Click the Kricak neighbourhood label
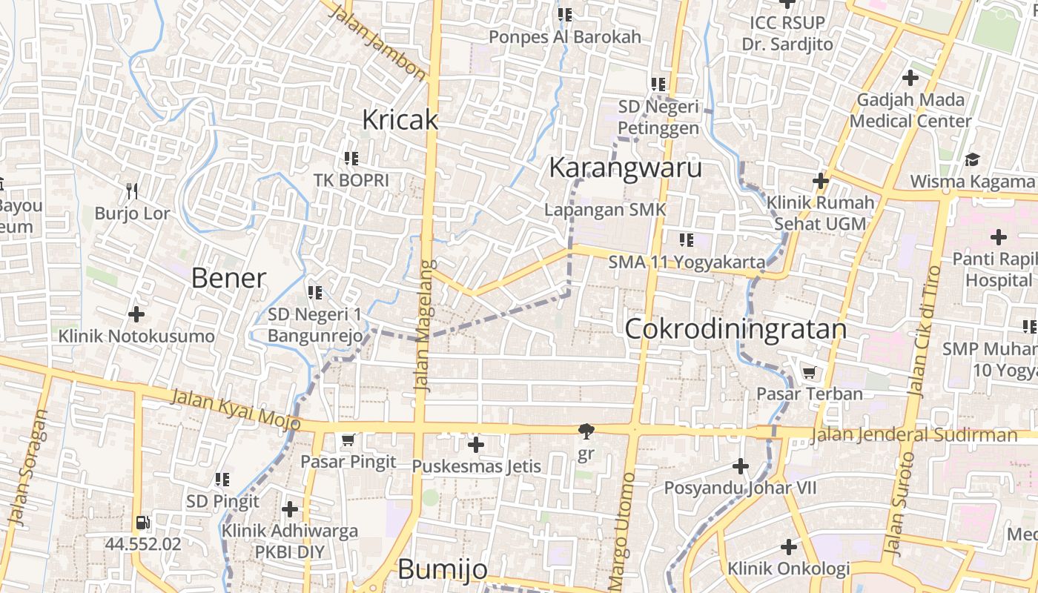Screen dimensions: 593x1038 (400, 119)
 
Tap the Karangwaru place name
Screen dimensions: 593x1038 (625, 168)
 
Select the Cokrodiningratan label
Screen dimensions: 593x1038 (735, 328)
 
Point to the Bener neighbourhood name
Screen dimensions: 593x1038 (228, 278)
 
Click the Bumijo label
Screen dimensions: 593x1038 (443, 569)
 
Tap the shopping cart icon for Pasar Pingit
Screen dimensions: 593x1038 (348, 440)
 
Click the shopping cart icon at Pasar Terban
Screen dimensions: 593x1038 (809, 372)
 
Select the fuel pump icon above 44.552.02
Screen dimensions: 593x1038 (143, 523)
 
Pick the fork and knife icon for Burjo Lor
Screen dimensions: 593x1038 (132, 191)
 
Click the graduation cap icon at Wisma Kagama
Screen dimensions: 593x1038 (972, 159)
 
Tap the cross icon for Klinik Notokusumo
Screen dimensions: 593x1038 (136, 314)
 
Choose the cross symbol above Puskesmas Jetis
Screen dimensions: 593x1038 (476, 445)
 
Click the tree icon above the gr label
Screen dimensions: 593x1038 (586, 431)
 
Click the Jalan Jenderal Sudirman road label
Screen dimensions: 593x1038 (913, 435)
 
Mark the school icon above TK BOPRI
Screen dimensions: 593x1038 (351, 158)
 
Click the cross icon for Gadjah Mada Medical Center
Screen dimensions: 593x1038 (910, 77)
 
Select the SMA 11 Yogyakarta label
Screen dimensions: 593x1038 (687, 262)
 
